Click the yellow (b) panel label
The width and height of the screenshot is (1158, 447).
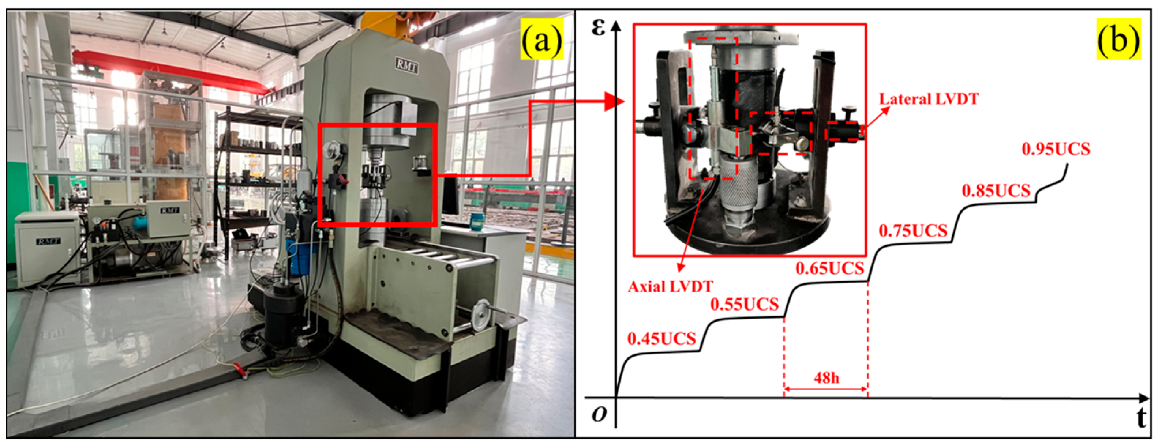(1118, 40)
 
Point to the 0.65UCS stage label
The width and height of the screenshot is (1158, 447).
(830, 268)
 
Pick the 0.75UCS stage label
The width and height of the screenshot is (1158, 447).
(913, 231)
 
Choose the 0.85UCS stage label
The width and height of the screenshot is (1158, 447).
(996, 191)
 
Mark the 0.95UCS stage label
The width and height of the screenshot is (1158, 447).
(1056, 149)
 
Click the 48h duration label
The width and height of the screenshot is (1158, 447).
(826, 378)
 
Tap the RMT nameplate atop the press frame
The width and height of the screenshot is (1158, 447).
(407, 66)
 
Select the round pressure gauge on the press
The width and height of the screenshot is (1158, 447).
(331, 150)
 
